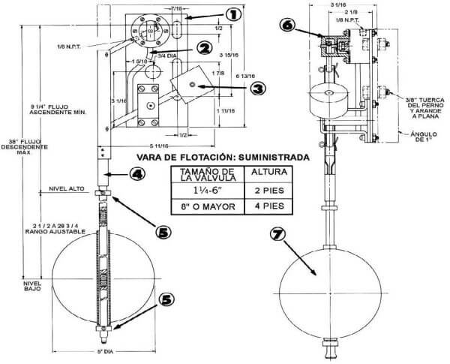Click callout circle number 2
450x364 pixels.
(x=202, y=47)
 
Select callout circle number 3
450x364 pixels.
(x=257, y=87)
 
